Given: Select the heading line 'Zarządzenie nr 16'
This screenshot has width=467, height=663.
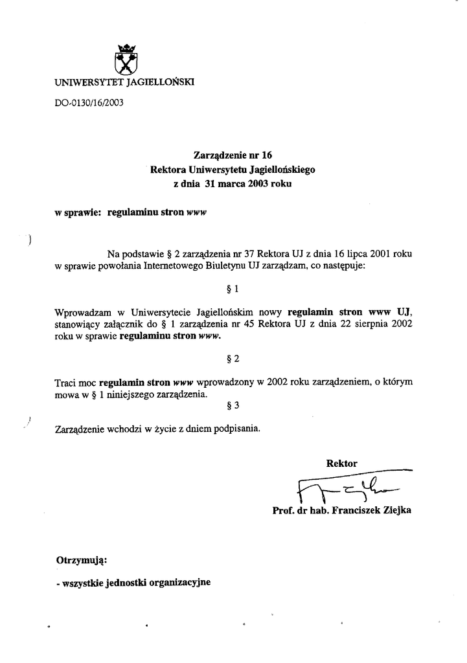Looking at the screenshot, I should click(233, 155).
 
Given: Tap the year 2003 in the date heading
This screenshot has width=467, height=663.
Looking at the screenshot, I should click(260, 184).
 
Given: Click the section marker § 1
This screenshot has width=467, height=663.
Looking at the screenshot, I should click(233, 287).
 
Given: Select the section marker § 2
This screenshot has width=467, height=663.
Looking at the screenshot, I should click(233, 358).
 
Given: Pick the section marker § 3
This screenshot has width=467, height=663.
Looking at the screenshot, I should click(234, 406).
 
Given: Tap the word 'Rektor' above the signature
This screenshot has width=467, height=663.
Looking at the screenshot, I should click(342, 463).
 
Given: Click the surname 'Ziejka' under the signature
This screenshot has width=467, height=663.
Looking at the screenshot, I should click(394, 510).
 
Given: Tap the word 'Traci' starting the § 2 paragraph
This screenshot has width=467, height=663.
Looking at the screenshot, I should click(66, 383).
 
